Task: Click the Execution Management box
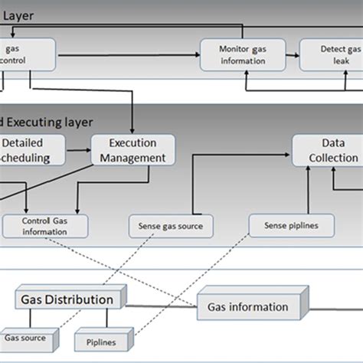tap(133, 150)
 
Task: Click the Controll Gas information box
tap(44, 226)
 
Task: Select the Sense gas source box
tap(170, 226)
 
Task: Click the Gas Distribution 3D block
tap(67, 300)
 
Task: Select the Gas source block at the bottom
tap(25, 337)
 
